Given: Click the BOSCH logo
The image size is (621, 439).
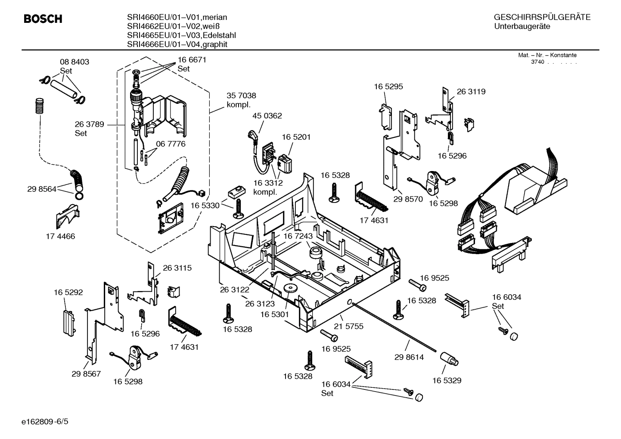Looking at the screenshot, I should click(x=43, y=19).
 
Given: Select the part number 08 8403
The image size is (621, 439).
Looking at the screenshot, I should click(x=75, y=62).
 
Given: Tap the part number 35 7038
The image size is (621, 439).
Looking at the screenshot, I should click(x=241, y=96).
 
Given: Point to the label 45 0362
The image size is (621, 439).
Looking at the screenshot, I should click(x=267, y=116).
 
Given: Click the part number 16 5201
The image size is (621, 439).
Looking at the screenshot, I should click(x=296, y=137).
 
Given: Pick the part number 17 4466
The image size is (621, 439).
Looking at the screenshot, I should click(x=60, y=236).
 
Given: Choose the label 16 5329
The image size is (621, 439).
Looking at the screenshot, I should click(x=447, y=380).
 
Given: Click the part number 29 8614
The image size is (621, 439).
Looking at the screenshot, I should click(x=409, y=357).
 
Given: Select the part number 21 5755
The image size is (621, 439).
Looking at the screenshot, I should click(x=349, y=326).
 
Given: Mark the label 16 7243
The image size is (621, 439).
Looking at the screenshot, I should click(x=298, y=237).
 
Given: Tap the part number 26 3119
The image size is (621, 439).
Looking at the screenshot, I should click(x=471, y=92).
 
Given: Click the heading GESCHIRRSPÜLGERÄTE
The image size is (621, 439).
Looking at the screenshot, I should click(x=542, y=18).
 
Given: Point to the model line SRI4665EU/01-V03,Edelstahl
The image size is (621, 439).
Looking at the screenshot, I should click(x=181, y=35).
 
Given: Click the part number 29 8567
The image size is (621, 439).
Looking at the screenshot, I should click(x=86, y=374).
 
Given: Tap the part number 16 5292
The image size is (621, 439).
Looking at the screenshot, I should click(x=68, y=293).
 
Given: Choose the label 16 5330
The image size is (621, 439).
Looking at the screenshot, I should click(x=205, y=206).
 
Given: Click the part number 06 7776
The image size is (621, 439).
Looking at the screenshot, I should click(x=171, y=144).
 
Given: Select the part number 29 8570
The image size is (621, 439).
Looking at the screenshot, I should click(x=408, y=199).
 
